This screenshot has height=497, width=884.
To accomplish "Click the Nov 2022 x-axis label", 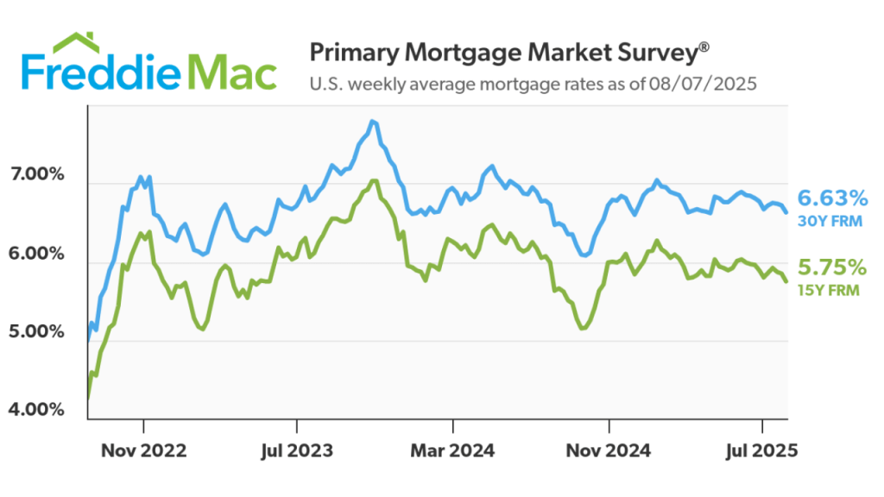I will click(x=143, y=450).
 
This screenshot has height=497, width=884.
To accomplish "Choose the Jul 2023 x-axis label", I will click(x=297, y=450).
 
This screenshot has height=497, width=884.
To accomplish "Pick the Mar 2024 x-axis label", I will click(x=452, y=450).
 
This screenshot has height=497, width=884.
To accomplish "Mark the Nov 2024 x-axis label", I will click(x=609, y=450).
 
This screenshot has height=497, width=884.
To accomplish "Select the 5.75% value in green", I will click(x=832, y=267).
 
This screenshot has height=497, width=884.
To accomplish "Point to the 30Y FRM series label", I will click(x=830, y=222).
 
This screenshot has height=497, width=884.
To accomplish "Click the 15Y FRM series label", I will click(x=830, y=291).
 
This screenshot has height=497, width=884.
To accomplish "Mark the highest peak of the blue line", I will click(x=372, y=122).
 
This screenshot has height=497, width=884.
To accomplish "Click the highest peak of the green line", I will click(x=374, y=180).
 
